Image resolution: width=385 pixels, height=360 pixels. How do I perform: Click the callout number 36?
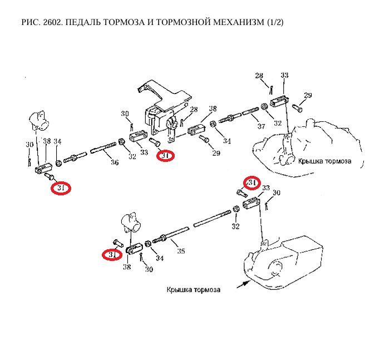click(x=115, y=163)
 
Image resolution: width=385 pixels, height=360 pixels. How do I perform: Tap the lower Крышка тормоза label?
click(x=194, y=290)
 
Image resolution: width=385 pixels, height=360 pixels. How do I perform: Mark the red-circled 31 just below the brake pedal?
click(x=165, y=156)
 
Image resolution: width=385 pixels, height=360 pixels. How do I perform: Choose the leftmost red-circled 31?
click(x=61, y=189)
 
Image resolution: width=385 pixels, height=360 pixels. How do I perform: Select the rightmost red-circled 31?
click(x=252, y=183)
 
